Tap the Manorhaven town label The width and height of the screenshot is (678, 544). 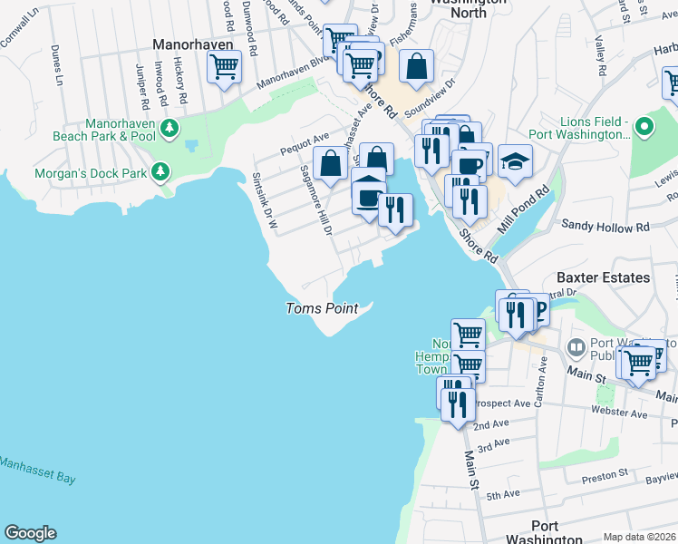(x=193, y=44)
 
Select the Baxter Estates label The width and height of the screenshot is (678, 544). (x=603, y=277)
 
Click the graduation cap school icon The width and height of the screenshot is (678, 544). (x=515, y=161)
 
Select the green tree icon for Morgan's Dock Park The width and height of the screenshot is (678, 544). (x=160, y=171)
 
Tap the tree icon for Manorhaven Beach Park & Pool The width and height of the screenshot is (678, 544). (x=169, y=131)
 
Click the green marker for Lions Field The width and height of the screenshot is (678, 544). (x=644, y=126)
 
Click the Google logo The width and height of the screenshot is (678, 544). (x=30, y=533)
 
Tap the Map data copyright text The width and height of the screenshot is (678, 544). (x=639, y=537)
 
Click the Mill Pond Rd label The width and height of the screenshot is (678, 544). (x=531, y=210)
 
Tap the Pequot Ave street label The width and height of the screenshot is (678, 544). (x=305, y=139)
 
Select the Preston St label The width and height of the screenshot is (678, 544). (x=605, y=474)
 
